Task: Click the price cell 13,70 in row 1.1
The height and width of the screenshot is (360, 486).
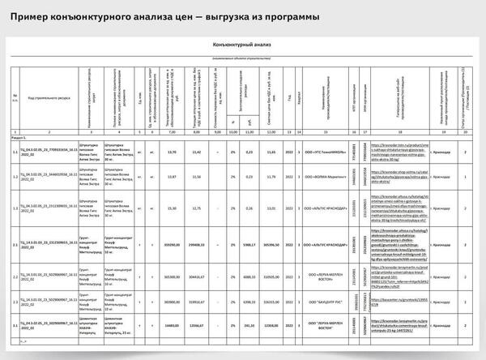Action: [x=171, y=152]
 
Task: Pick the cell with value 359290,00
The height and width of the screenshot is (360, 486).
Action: [x=171, y=242]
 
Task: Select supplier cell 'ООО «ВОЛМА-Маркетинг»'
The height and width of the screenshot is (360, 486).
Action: [x=326, y=175]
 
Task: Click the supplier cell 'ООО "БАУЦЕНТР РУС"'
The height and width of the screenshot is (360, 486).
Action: [x=326, y=302]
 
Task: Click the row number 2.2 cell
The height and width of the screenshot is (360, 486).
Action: [x=15, y=276]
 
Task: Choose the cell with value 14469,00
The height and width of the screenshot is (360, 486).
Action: [x=171, y=325]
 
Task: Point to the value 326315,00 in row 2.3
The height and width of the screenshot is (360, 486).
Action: [x=272, y=302]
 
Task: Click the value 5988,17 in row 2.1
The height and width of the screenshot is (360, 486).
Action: [x=249, y=242]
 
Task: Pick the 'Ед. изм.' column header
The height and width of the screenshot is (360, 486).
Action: [x=139, y=96]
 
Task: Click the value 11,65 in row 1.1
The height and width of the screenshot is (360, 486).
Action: [x=272, y=152]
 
